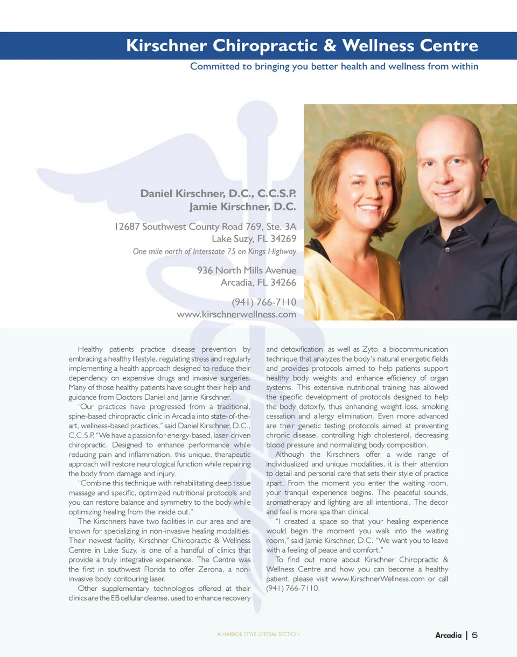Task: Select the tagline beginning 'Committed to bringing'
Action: (334, 67)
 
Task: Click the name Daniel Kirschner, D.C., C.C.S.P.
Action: (218, 193)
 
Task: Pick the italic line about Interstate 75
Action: (214, 251)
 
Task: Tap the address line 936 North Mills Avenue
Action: (247, 270)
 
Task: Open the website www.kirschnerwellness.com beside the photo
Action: (236, 314)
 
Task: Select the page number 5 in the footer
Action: (474, 635)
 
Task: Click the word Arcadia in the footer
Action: (448, 635)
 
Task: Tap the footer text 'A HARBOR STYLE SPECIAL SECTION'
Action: (258, 635)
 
